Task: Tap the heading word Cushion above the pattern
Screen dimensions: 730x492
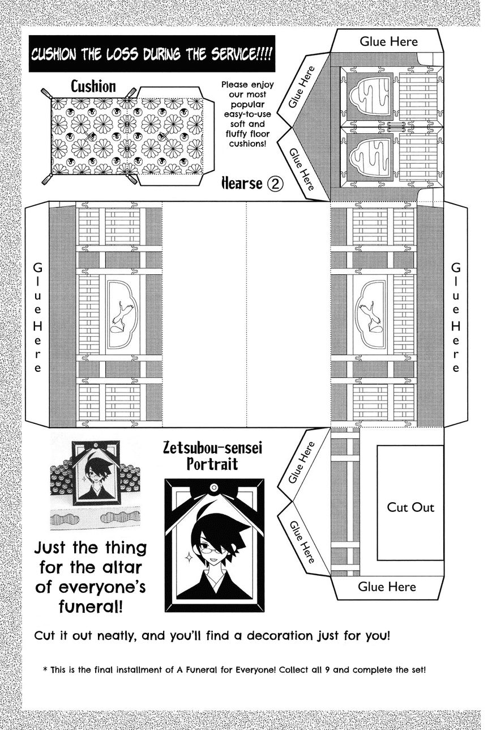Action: [x=93, y=87]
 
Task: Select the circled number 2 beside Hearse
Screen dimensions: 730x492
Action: [x=275, y=184]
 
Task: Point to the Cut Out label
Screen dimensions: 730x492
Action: [x=410, y=507]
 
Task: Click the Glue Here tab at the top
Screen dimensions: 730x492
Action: [x=388, y=41]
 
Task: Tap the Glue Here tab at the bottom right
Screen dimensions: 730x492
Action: [x=387, y=587]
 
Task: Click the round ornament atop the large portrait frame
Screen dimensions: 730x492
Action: [x=213, y=487]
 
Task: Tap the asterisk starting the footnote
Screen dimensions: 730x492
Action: [x=45, y=669]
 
